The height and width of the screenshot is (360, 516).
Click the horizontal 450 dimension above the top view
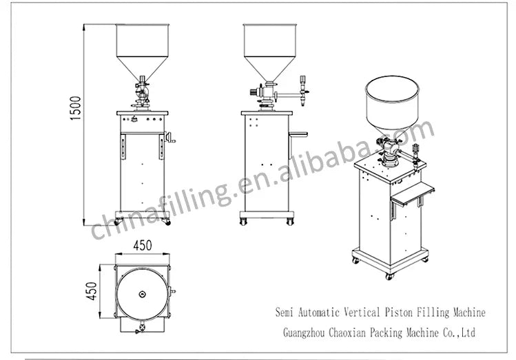pyautogui.click(x=143, y=246)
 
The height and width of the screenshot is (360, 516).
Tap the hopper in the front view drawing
pyautogui.click(x=142, y=48)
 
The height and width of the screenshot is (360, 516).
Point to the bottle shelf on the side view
pyautogui.click(x=298, y=134)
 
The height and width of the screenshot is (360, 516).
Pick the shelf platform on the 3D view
pyautogui.click(x=411, y=192)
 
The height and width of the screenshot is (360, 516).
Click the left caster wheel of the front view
pyautogui.click(x=117, y=222)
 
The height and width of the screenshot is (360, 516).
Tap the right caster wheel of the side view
pyautogui.click(x=289, y=222)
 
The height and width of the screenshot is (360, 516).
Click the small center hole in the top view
pyautogui.click(x=142, y=294)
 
